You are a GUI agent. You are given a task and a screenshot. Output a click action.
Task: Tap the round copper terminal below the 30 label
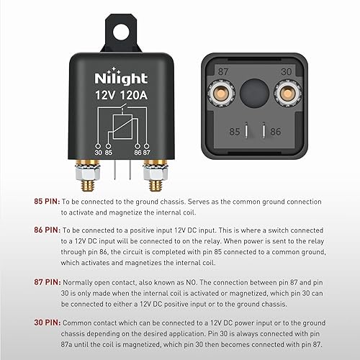coord(286,93)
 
